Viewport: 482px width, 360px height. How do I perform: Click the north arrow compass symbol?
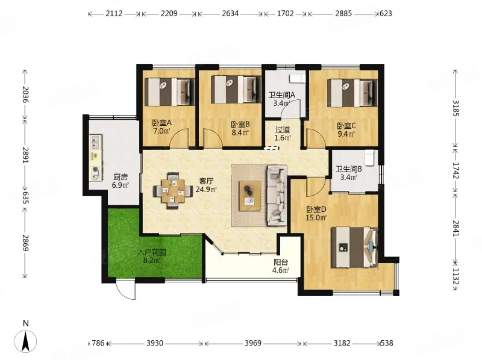pyautogui.click(x=25, y=341)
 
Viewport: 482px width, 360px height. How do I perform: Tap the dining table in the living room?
pyautogui.click(x=173, y=191)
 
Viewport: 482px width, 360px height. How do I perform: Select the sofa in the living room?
pyautogui.click(x=277, y=194)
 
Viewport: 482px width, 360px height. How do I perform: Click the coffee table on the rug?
pyautogui.click(x=250, y=196)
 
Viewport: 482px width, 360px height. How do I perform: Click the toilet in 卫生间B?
pyautogui.click(x=369, y=158)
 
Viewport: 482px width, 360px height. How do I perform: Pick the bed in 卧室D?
pyautogui.click(x=354, y=247)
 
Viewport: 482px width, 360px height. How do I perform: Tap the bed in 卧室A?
pyautogui.click(x=170, y=92)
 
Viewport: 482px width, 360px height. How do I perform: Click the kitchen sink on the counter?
pyautogui.click(x=95, y=141)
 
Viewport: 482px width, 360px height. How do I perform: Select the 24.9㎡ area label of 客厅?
pyautogui.click(x=206, y=189)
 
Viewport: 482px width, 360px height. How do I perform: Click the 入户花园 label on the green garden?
pyautogui.click(x=152, y=252)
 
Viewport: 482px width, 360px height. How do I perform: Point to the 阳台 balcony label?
pyautogui.click(x=281, y=262)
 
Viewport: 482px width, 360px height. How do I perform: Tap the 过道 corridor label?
pyautogui.click(x=283, y=130)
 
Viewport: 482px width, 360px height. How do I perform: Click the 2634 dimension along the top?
pyautogui.click(x=230, y=13)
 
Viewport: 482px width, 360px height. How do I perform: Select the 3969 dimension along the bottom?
pyautogui.click(x=253, y=343)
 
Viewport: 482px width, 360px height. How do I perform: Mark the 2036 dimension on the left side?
pyautogui.click(x=25, y=95)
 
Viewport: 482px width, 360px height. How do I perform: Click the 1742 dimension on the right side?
pyautogui.click(x=455, y=170)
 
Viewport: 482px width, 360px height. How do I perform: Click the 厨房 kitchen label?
pyautogui.click(x=120, y=177)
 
